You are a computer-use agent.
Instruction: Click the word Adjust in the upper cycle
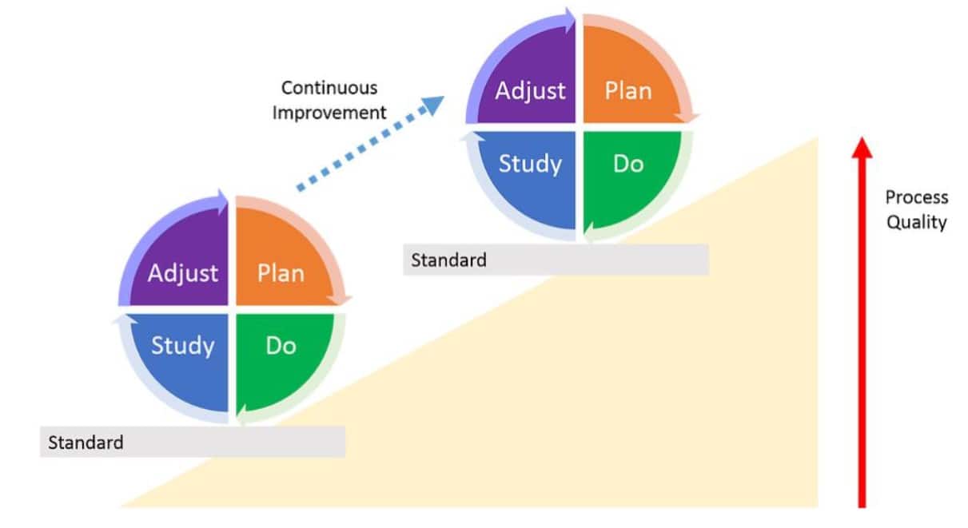pos(530,92)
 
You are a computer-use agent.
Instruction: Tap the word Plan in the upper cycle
pos(628,91)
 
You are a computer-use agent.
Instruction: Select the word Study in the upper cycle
pos(530,165)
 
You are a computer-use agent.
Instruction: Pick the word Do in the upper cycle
pos(628,164)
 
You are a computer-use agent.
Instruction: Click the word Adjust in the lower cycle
pos(183,274)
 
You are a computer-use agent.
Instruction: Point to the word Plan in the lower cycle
pos(281,273)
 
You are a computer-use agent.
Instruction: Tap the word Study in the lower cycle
pos(183,347)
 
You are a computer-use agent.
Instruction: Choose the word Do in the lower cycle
pos(281,346)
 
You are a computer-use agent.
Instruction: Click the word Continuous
pos(329,88)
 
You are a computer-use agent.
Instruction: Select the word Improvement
pos(329,113)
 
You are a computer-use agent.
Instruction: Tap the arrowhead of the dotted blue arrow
pos(432,105)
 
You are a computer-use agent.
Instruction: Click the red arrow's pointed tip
pos(862,137)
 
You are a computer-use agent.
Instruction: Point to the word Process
pos(917,197)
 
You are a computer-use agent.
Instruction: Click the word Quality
pos(917,222)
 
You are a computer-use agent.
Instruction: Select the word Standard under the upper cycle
pos(448,260)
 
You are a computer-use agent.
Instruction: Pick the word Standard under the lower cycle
pos(86,443)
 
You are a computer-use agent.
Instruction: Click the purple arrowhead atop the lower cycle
pos(222,202)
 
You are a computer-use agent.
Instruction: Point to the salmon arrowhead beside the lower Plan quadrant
pos(340,300)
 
